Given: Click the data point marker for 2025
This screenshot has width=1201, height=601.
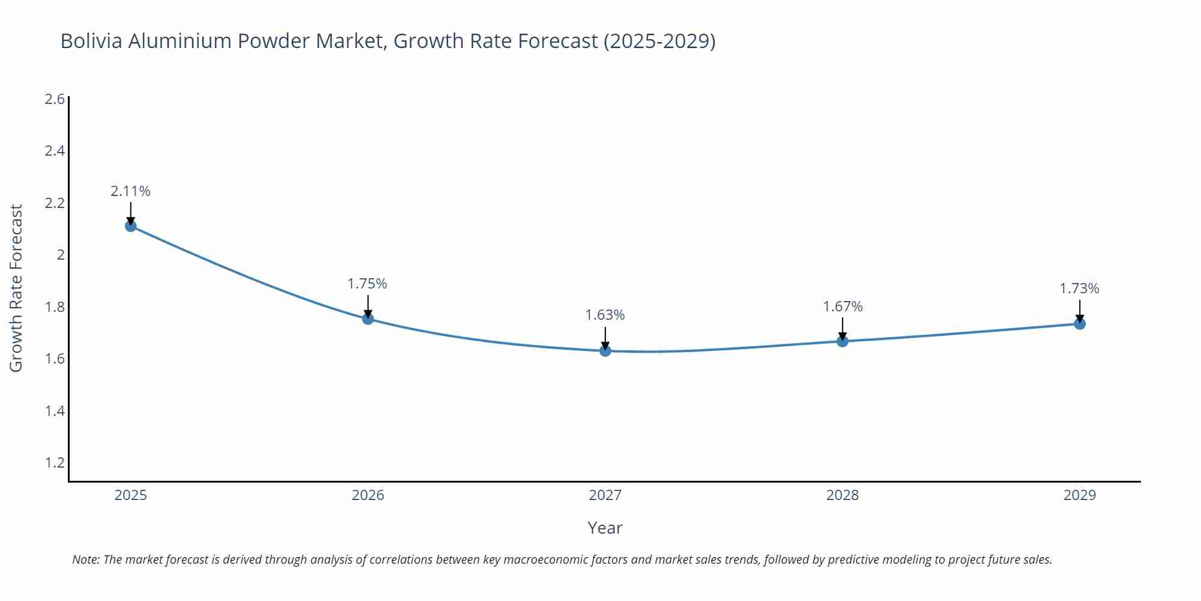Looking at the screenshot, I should [131, 226].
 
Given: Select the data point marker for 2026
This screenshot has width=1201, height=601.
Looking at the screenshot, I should [368, 319].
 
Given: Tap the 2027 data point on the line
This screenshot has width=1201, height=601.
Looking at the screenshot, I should [605, 350].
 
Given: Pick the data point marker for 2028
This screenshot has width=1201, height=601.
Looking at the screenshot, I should [843, 341].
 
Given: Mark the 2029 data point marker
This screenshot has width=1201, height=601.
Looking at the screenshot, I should [1080, 324].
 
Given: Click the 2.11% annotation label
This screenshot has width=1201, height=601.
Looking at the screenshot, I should [130, 191].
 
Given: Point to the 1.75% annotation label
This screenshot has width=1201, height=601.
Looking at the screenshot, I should [368, 284].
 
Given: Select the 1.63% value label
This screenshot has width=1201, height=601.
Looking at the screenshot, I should [605, 315].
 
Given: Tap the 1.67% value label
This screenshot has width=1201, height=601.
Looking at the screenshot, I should [843, 307].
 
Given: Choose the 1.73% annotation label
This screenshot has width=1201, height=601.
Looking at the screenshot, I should [1079, 288].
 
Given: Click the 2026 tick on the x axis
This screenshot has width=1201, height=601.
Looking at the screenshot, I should [368, 495].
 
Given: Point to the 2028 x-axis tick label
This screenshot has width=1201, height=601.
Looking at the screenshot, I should [843, 495].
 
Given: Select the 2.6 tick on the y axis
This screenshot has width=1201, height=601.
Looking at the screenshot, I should [55, 99].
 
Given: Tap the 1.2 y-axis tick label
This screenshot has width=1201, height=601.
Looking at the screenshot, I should [55, 463].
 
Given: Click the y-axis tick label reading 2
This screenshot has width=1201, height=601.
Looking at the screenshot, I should [61, 255].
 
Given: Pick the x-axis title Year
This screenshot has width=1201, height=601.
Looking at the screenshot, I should [605, 528].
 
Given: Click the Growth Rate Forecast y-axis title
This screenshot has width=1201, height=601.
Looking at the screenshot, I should [16, 288].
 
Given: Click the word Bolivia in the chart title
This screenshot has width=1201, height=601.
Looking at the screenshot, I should [92, 41].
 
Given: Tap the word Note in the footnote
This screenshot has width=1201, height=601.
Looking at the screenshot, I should [85, 560].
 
